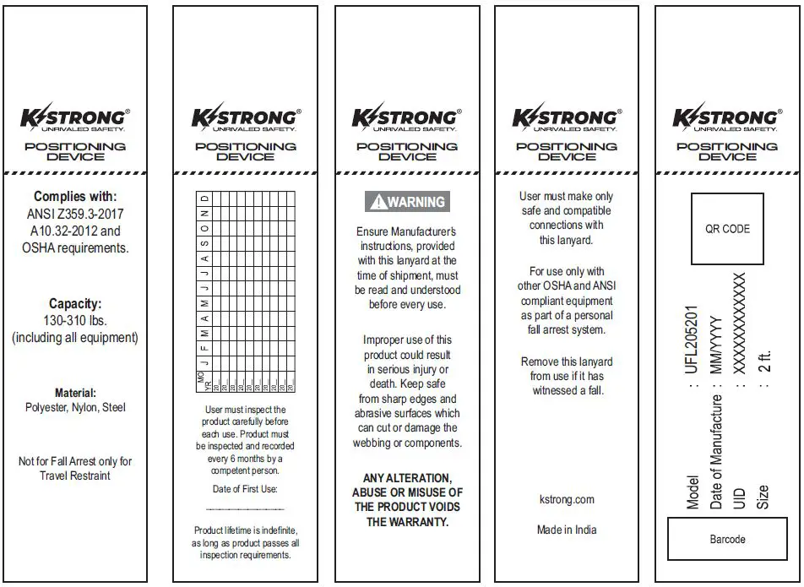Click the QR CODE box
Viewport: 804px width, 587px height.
727,229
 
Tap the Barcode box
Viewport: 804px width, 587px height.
727,538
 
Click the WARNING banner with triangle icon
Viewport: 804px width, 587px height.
407,202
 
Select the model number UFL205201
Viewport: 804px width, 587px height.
693,339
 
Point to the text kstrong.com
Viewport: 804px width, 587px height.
566,500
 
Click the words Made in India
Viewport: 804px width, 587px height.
566,530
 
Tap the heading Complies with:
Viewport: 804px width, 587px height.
75,197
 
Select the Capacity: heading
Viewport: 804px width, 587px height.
75,303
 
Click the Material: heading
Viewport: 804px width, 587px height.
75,393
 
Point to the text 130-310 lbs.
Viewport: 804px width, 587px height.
75,321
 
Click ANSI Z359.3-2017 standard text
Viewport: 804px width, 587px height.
75,215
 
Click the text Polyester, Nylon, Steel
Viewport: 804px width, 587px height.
75,408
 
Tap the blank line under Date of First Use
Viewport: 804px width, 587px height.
245,509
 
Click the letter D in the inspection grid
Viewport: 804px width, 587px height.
204,198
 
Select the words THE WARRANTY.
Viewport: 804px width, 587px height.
407,522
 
